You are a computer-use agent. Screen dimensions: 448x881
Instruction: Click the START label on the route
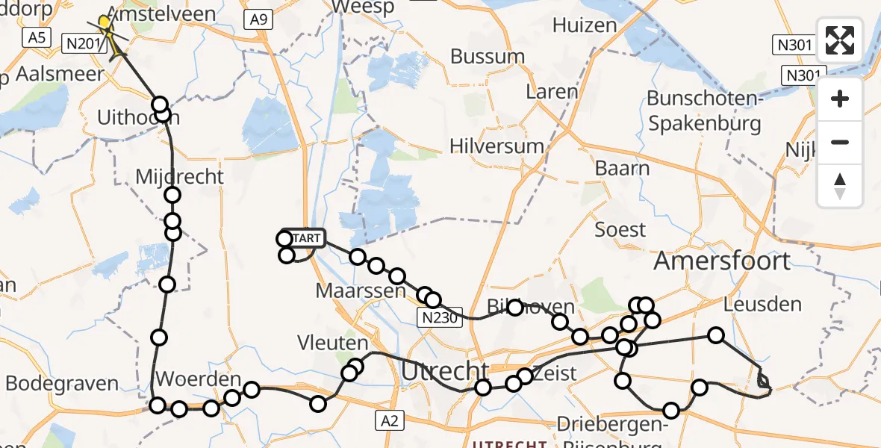[x=305, y=238]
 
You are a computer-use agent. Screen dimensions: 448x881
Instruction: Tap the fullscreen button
[x=840, y=40]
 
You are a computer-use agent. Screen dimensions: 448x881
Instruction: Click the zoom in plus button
[x=840, y=99]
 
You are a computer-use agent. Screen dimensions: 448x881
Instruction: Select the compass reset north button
[x=840, y=186]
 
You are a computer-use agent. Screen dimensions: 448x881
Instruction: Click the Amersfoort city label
[x=721, y=261]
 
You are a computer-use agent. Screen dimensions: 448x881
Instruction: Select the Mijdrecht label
[x=180, y=177]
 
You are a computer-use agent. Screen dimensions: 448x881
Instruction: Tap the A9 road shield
[x=258, y=20]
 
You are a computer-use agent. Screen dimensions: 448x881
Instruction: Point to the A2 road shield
[x=390, y=421]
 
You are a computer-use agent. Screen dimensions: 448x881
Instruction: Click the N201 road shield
[x=81, y=45]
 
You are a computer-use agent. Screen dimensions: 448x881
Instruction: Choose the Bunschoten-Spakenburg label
[x=704, y=111]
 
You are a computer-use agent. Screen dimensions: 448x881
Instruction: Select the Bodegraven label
[x=63, y=384]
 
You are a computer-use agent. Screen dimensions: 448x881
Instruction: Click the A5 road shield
[x=35, y=37]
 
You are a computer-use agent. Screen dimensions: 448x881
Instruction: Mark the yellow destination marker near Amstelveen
[x=105, y=23]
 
